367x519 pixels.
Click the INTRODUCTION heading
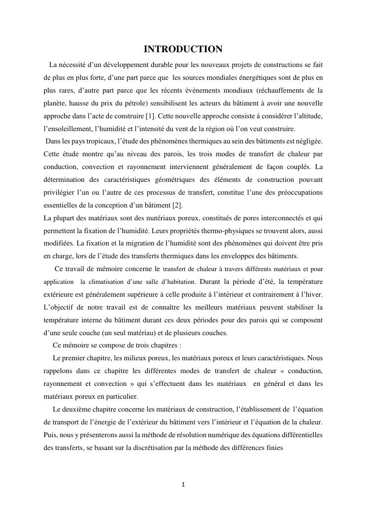pos(183,49)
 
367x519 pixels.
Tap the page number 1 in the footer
pos(183,484)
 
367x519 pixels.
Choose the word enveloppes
pos(232,256)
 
